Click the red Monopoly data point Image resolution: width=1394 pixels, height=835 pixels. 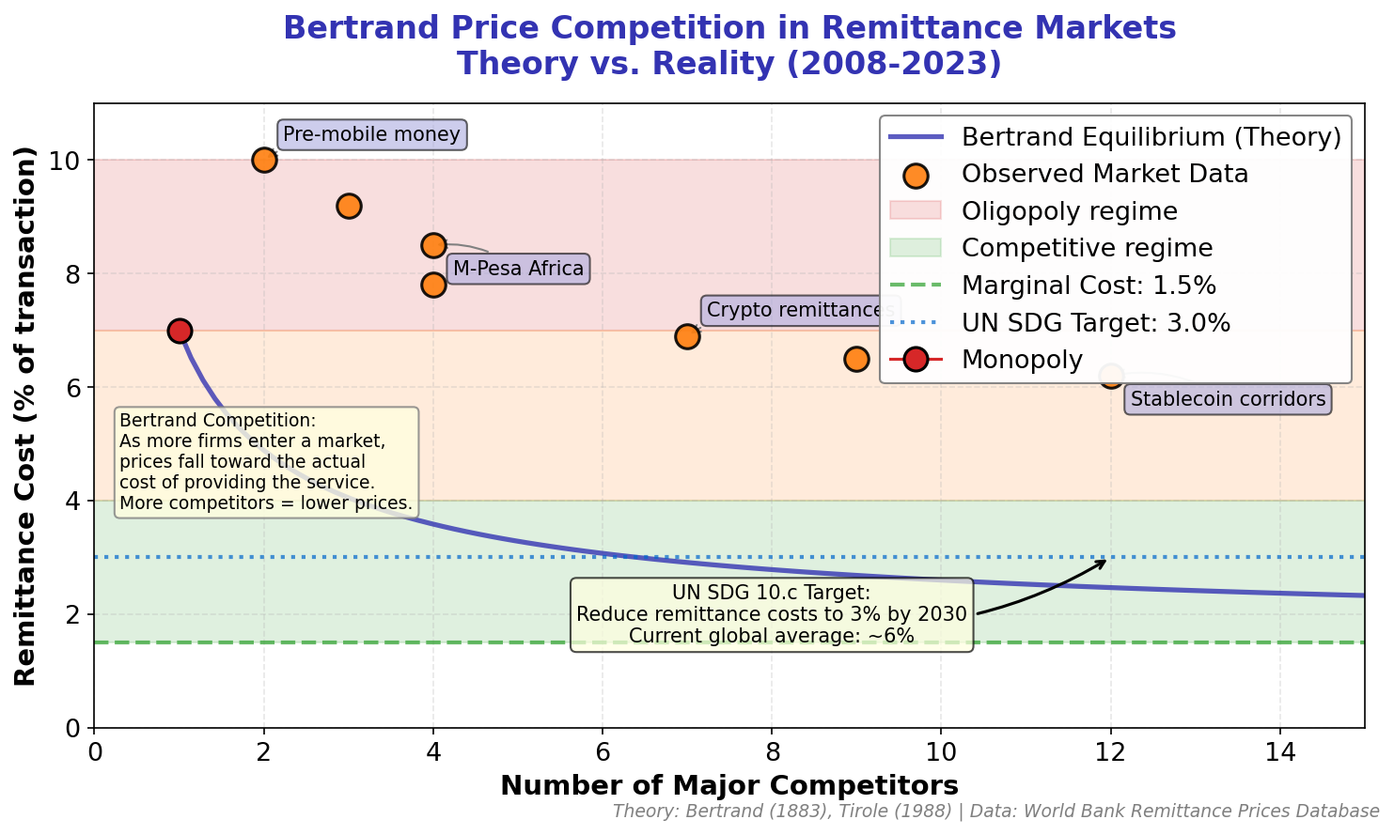point(180,331)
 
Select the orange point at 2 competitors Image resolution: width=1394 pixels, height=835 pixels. point(264,160)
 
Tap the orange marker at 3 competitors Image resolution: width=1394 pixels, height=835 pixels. point(349,206)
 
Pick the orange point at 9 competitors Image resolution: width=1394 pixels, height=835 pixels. point(856,359)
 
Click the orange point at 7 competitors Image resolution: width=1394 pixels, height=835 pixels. point(687,336)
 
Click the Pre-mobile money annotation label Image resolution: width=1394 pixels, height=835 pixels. point(371,134)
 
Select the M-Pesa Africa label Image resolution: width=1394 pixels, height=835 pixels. point(518,269)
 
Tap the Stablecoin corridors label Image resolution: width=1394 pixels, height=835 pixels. point(1228,399)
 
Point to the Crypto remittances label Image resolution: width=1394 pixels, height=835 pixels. point(800,310)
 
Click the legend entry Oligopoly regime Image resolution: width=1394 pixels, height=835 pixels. point(1069,211)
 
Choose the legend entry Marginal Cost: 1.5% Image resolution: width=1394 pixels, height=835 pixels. point(1089,286)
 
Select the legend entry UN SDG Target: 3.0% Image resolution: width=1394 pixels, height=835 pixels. point(1095,323)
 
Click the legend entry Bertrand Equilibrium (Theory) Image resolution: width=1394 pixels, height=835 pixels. point(1151,137)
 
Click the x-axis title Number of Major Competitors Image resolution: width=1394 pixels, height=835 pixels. point(728,785)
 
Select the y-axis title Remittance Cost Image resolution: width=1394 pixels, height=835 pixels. point(26,416)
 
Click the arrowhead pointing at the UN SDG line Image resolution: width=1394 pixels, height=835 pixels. point(1104,561)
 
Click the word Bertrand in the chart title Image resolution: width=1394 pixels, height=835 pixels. point(350,28)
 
